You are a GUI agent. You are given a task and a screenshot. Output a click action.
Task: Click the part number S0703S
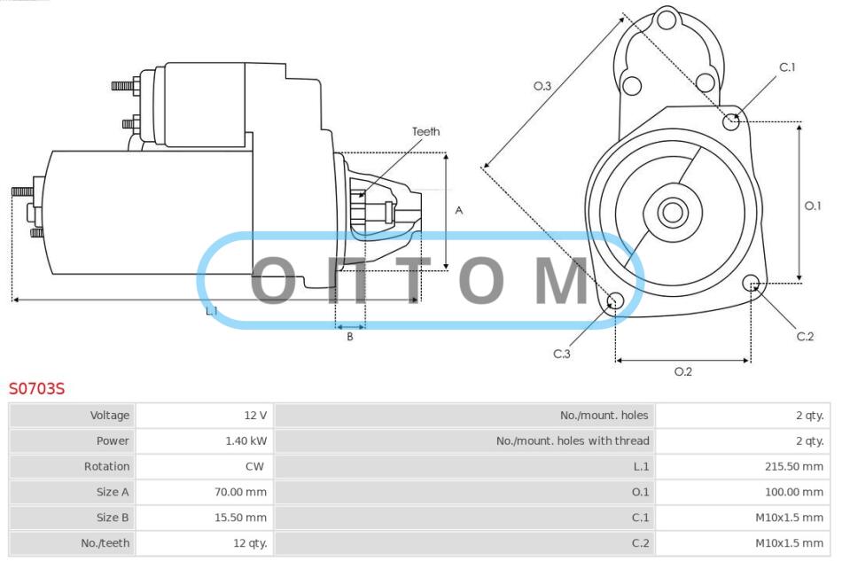click(36, 388)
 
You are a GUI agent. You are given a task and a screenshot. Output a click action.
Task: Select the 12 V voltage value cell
click(255, 415)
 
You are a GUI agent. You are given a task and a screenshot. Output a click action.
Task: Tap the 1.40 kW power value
click(246, 440)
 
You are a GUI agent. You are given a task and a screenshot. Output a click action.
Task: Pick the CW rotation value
click(254, 466)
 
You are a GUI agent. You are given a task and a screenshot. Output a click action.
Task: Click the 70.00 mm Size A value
click(240, 492)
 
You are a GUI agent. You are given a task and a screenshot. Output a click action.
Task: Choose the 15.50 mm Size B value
click(240, 518)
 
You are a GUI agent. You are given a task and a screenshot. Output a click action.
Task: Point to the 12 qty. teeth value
click(250, 543)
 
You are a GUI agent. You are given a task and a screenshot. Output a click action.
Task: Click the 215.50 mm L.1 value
click(793, 466)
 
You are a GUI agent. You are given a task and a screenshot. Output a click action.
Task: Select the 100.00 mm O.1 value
click(793, 492)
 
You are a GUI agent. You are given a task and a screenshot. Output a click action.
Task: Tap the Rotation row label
click(106, 466)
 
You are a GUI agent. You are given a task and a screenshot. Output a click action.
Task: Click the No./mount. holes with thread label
click(573, 440)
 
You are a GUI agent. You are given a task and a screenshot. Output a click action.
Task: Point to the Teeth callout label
click(425, 131)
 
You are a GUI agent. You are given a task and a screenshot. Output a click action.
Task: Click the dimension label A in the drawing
click(458, 210)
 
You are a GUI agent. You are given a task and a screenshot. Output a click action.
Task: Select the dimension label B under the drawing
click(349, 337)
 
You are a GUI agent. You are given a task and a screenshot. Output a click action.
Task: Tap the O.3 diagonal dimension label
click(542, 86)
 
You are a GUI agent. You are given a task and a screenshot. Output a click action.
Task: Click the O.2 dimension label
click(683, 371)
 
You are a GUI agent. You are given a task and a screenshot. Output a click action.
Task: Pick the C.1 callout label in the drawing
click(787, 67)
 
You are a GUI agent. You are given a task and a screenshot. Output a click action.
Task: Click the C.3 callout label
click(562, 354)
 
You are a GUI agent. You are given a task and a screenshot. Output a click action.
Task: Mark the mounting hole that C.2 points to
click(751, 283)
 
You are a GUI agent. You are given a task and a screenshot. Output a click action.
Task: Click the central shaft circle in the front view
click(673, 212)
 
